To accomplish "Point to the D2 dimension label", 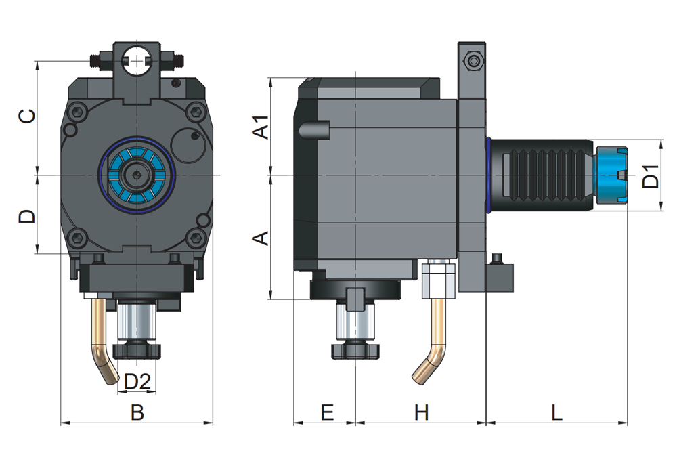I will pyautogui.click(x=137, y=381).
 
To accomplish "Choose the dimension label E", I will pyautogui.click(x=327, y=412).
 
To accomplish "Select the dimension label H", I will pyautogui.click(x=422, y=412).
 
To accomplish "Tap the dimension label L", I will pyautogui.click(x=556, y=412).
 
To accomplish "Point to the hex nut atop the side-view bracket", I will pyautogui.click(x=473, y=62).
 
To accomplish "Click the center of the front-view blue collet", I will pyautogui.click(x=138, y=175).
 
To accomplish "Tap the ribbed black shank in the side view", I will pyautogui.click(x=542, y=175).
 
